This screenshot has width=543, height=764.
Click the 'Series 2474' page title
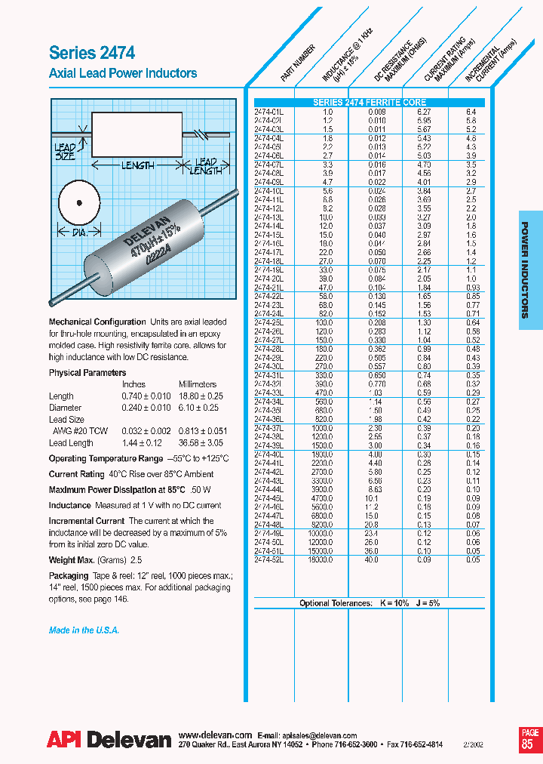click(92, 53)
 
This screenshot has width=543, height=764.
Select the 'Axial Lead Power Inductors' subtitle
click(123, 73)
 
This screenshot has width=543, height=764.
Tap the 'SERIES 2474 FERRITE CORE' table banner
click(370, 103)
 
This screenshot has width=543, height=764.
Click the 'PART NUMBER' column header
click(297, 63)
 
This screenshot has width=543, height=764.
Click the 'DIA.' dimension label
click(78, 233)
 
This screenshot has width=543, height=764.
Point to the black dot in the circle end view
click(78, 202)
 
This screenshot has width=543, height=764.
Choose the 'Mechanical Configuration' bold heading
click(97, 322)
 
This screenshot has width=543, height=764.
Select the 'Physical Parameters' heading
click(87, 373)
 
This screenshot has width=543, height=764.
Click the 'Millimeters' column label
click(198, 384)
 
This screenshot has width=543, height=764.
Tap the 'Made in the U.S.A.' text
click(84, 630)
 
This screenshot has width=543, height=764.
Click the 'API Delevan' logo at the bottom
click(109, 741)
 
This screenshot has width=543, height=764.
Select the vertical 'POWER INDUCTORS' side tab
click(530, 276)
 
